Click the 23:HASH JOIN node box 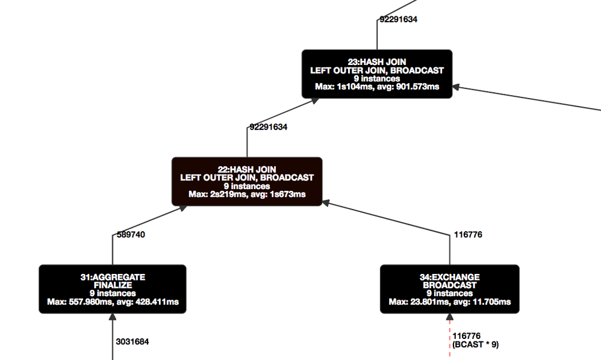click(x=377, y=74)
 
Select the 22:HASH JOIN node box click(x=247, y=182)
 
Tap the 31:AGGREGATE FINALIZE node click(x=112, y=289)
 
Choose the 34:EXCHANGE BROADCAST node click(x=450, y=289)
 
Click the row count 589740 click(x=131, y=234)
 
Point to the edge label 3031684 click(x=132, y=341)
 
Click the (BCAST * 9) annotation click(x=475, y=345)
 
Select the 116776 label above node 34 click(x=468, y=234)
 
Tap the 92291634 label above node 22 click(x=269, y=127)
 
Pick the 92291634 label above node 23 click(x=398, y=19)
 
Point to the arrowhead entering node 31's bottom click(x=112, y=317)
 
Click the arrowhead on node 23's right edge click(x=456, y=87)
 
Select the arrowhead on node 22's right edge click(x=326, y=203)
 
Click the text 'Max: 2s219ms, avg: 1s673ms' click(x=247, y=194)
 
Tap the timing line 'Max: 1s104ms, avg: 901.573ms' click(x=377, y=87)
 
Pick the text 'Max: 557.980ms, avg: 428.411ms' click(x=113, y=302)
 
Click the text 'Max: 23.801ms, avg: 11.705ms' click(x=450, y=302)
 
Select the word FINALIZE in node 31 click(x=113, y=285)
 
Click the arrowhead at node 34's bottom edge click(x=450, y=317)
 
